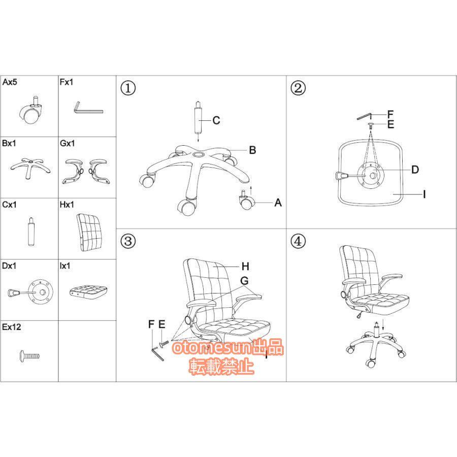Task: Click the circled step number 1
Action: tap(128, 88)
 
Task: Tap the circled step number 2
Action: tap(298, 88)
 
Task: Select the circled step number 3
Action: tap(128, 241)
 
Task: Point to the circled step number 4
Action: tap(298, 241)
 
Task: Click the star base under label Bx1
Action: tap(30, 167)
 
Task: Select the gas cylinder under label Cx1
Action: tap(31, 232)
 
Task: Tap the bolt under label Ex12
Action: tap(29, 356)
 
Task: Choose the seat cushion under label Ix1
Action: tap(88, 291)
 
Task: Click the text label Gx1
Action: tap(68, 143)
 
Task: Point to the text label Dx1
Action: tap(9, 266)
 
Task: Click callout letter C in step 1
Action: tap(216, 120)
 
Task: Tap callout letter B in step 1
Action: tap(252, 150)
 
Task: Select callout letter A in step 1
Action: tap(278, 203)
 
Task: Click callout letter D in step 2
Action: tap(415, 170)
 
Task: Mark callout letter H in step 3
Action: tap(245, 267)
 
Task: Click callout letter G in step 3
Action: tap(244, 281)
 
